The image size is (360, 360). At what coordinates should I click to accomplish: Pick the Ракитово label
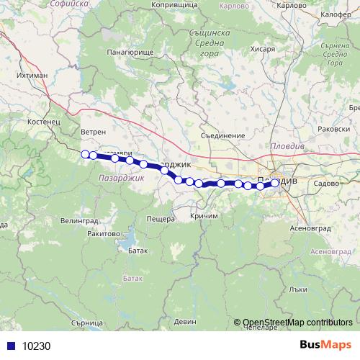tap(102, 233)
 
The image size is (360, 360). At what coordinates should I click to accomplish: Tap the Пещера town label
tap(161, 219)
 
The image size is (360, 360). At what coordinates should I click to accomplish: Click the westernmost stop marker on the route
tap(85, 153)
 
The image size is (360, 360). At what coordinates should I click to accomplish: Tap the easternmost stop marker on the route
tap(274, 183)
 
